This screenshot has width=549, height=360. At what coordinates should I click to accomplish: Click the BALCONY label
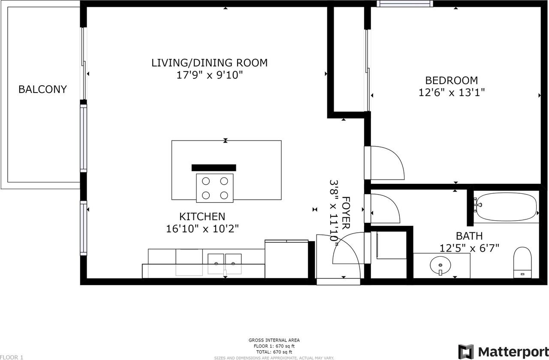[x=42, y=89]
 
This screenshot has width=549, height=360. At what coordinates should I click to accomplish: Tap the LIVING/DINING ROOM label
[x=209, y=63]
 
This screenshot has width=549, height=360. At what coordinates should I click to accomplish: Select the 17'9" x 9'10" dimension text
[x=209, y=75]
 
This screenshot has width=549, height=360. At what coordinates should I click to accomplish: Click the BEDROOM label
[x=451, y=80]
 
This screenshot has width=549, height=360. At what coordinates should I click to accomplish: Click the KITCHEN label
[x=202, y=216]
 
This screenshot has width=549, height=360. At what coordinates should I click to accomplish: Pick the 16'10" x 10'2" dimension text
[x=202, y=229]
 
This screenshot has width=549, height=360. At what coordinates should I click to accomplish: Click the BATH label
[x=469, y=236]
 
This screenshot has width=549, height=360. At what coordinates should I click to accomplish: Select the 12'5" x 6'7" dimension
[x=469, y=248]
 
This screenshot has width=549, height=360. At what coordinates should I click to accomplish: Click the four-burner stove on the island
[x=214, y=188]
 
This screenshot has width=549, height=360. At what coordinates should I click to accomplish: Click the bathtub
[x=507, y=207]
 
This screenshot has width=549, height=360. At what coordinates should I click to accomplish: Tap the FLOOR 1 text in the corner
[x=12, y=357]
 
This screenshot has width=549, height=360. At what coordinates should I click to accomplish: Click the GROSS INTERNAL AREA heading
[x=274, y=340]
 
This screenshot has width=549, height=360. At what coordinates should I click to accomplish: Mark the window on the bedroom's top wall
[x=405, y=4]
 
